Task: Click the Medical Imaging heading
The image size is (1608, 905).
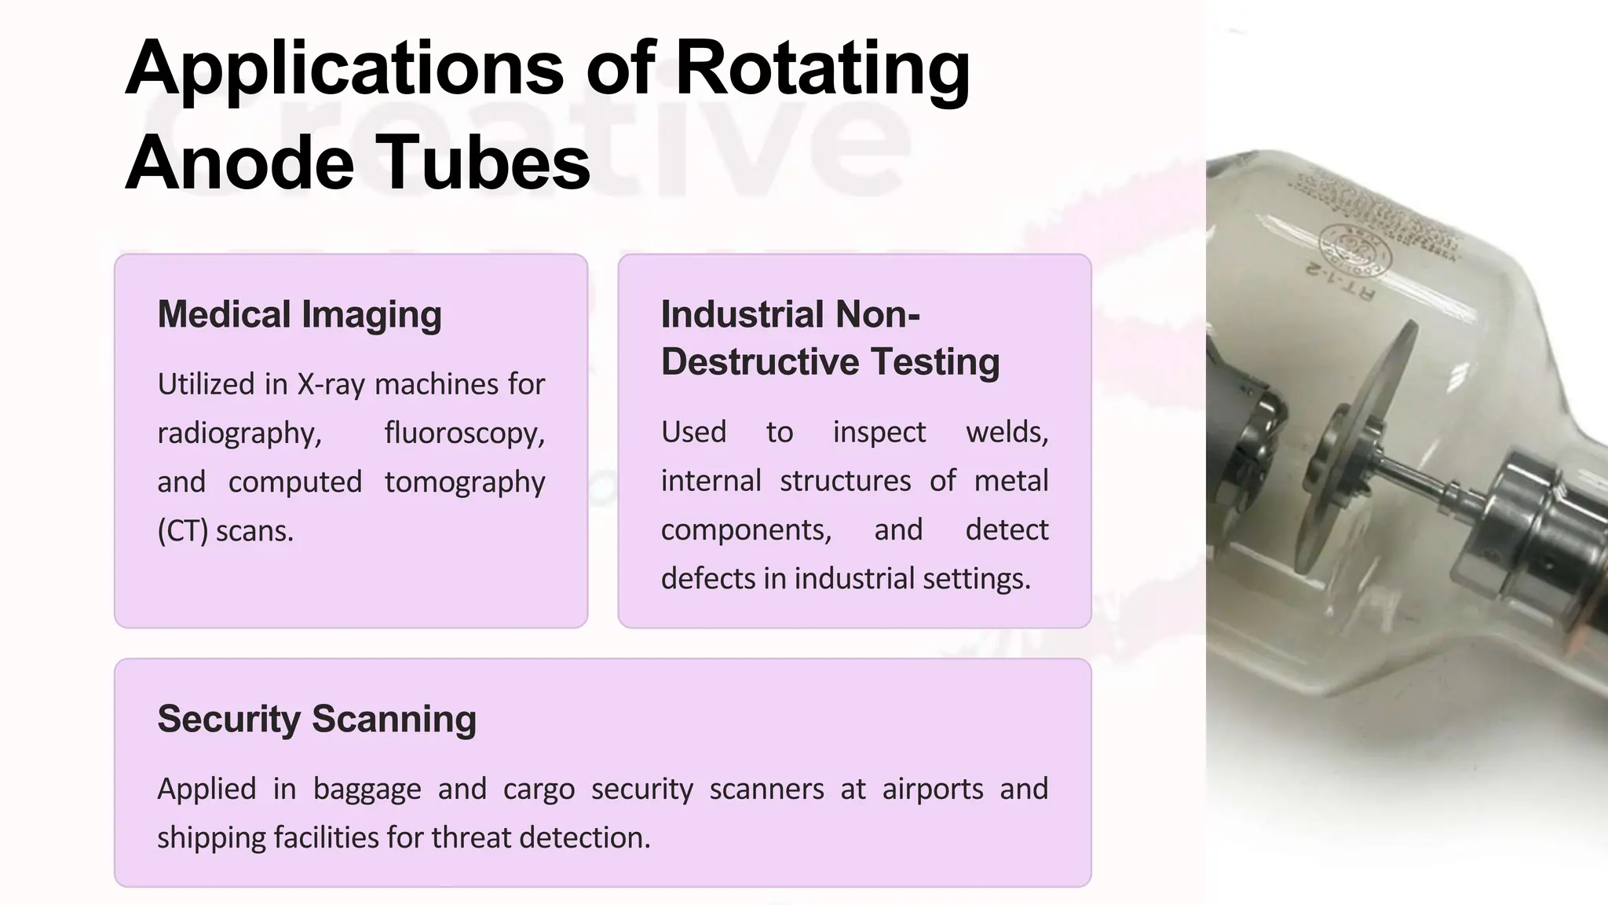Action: (x=299, y=314)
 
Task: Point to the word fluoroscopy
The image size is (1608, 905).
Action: (x=464, y=434)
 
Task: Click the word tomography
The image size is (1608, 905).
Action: (x=464, y=482)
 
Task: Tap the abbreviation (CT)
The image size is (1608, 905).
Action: (x=182, y=532)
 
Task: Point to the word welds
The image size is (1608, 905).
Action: (x=1007, y=432)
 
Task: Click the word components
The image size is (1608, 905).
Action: (x=746, y=530)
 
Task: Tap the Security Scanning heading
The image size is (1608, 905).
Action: (x=316, y=719)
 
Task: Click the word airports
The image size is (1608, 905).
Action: (x=932, y=789)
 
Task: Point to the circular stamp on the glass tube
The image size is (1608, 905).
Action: (x=1355, y=250)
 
